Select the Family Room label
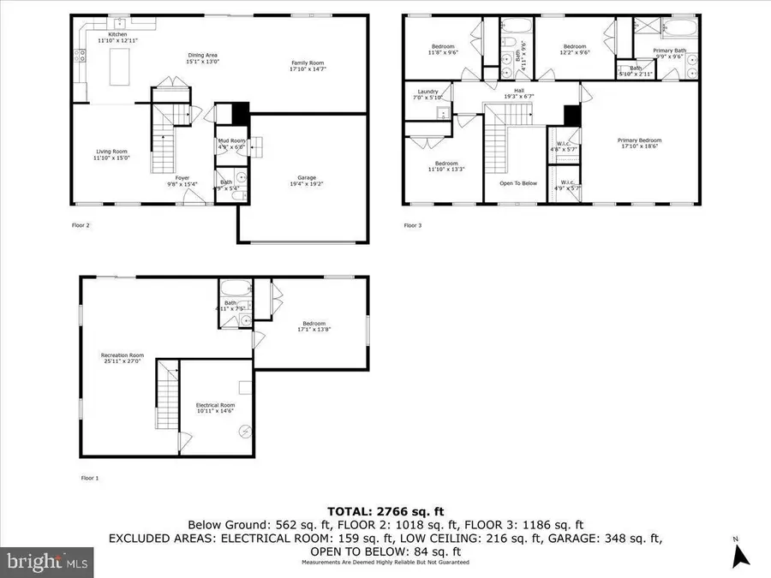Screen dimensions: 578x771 click(308, 63)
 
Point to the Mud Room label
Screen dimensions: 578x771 click(231, 143)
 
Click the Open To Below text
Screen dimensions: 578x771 click(518, 183)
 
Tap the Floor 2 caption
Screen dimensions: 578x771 click(81, 226)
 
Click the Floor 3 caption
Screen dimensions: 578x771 click(413, 226)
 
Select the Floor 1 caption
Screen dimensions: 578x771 click(90, 478)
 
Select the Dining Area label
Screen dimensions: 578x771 click(203, 58)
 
